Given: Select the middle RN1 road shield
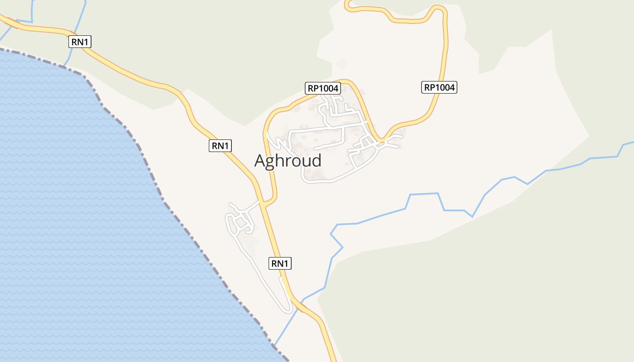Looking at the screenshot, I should pos(221,146).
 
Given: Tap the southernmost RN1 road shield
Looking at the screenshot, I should pos(280,263).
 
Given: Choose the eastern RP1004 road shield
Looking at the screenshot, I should pos(439,87).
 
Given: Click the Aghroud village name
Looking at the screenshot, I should pos(288,161).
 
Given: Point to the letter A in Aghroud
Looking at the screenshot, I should pos(260,161).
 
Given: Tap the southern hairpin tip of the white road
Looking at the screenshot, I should pos(288,311).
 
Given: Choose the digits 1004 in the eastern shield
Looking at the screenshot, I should pos(444,87).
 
